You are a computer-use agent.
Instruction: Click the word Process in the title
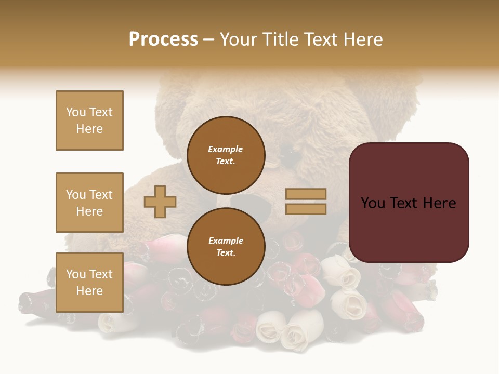(163, 39)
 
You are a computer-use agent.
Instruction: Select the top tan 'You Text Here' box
(89, 121)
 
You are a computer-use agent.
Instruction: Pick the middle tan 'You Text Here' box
(89, 203)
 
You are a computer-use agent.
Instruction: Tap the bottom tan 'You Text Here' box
(89, 282)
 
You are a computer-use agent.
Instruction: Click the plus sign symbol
(160, 202)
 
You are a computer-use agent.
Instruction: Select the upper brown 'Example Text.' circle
(226, 155)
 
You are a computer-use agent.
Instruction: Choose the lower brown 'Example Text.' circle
(226, 246)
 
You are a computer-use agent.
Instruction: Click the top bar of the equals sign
(306, 194)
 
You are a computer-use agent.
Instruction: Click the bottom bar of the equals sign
(306, 209)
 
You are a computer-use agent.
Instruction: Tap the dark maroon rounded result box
(409, 203)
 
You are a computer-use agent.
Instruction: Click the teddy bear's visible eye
(291, 156)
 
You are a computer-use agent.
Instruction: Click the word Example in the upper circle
(226, 149)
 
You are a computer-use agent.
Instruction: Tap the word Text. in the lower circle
(226, 252)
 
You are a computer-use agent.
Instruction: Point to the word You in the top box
(75, 112)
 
